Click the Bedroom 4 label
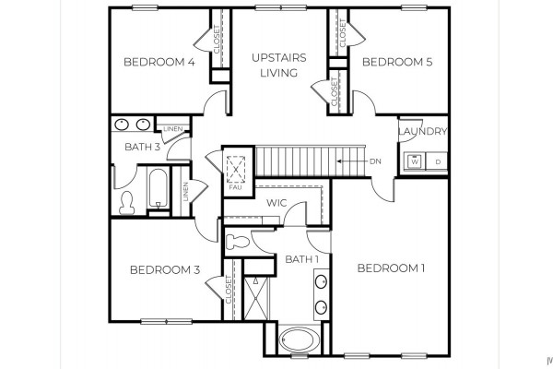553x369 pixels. coord(159,62)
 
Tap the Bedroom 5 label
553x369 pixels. coord(397,62)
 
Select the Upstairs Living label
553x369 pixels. coord(279,65)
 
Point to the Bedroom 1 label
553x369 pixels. coord(391,268)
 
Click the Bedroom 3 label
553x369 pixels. coord(165,269)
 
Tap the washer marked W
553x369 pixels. coord(415,161)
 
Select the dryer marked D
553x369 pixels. coord(437,161)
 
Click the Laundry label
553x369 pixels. coord(423,131)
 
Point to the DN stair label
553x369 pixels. coord(375,161)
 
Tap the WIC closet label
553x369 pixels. coord(276,203)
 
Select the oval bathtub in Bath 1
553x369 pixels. coord(300,339)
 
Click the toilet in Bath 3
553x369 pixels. coord(126,203)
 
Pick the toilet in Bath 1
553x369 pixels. coord(238,243)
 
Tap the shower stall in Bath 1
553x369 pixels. coord(256,299)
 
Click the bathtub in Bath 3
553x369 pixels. coord(158,188)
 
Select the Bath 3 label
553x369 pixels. coord(143,147)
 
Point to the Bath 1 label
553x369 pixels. coord(302,259)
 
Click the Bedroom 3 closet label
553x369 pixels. coord(229,289)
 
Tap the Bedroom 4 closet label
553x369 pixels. coord(218,39)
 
